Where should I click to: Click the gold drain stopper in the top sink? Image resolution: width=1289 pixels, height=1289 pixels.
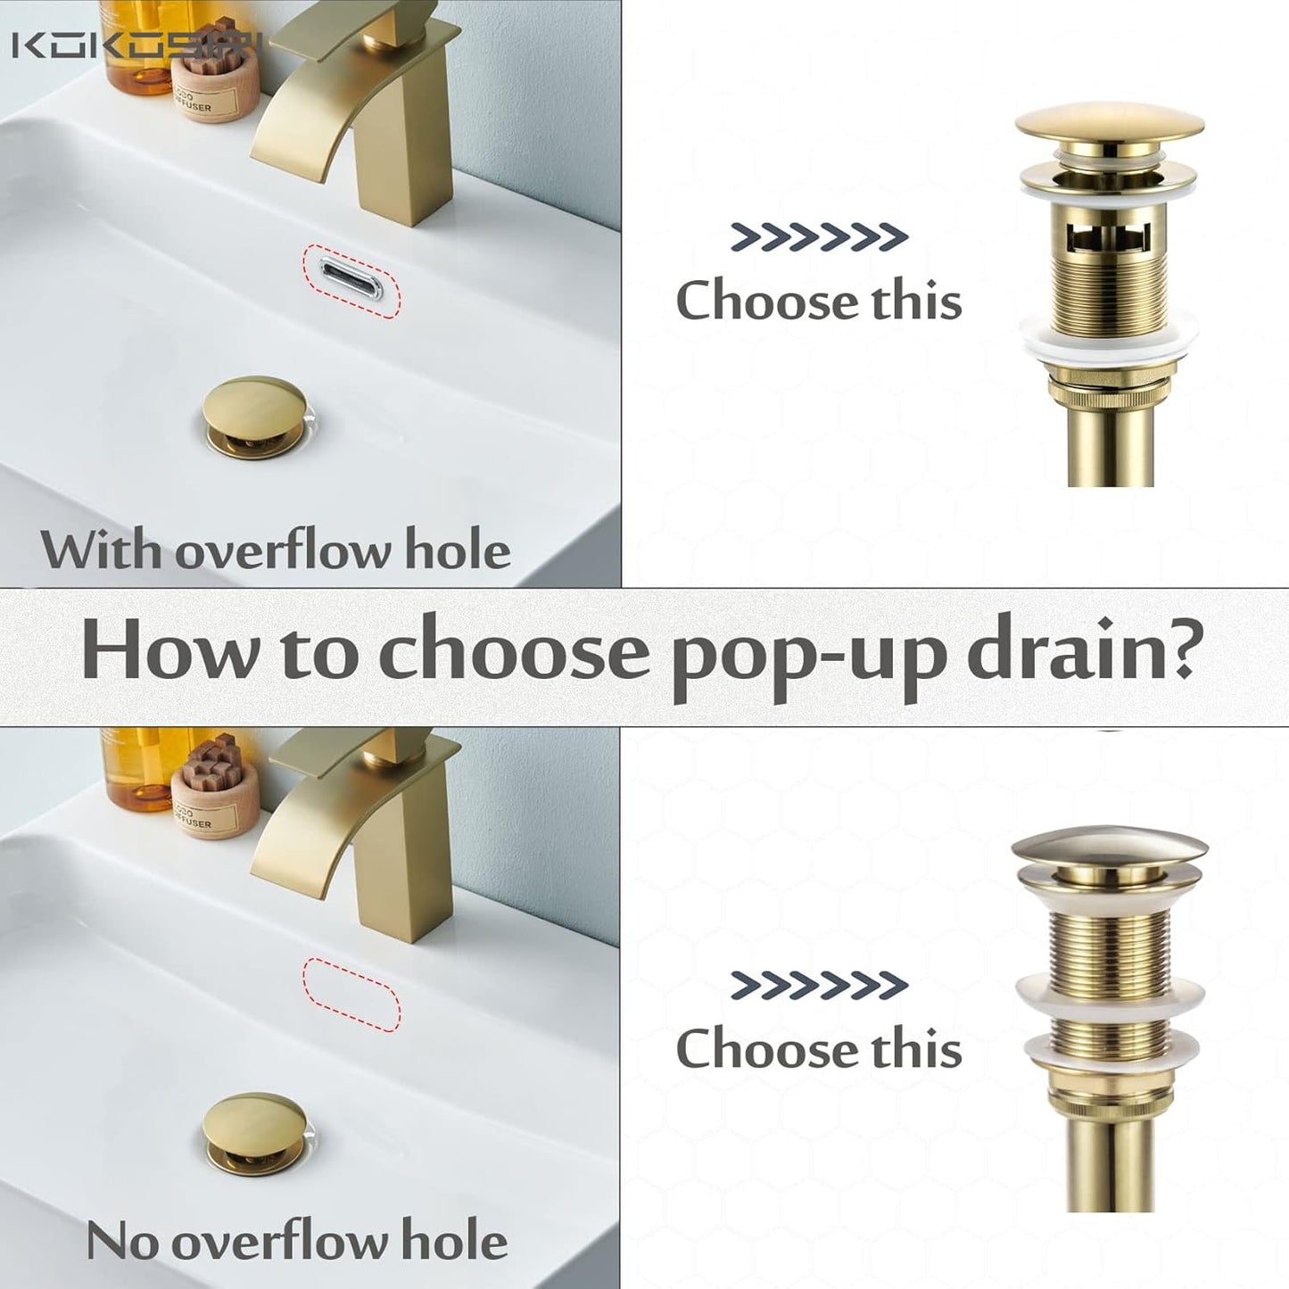point(252,414)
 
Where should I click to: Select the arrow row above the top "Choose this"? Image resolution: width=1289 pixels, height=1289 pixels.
point(819,236)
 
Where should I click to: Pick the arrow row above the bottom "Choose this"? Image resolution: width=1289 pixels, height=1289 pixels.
point(819,985)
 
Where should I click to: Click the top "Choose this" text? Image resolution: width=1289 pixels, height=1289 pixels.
point(819,301)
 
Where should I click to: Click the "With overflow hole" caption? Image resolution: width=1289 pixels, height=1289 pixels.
point(276,550)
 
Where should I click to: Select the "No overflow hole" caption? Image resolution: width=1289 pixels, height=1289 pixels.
point(297,1241)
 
